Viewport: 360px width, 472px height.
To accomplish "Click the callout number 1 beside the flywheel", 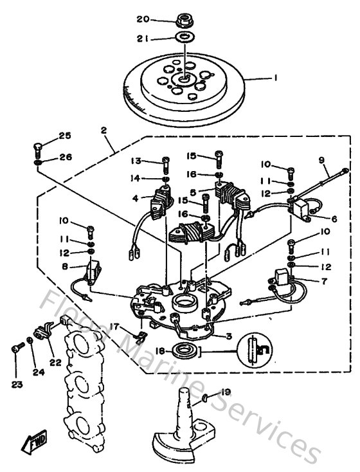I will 276,78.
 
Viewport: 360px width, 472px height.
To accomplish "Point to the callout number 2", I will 102,129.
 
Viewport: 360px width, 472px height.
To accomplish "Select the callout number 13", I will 136,160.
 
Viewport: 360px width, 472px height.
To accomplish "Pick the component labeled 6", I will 301,206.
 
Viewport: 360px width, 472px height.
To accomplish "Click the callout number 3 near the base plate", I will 228,336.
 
